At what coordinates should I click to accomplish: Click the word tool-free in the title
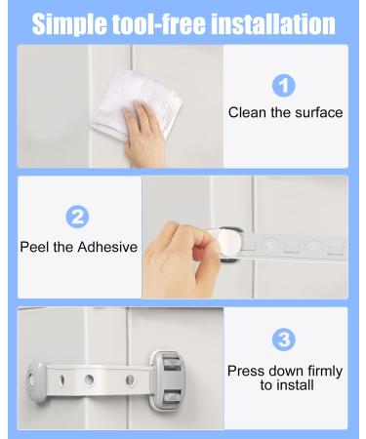[x=161, y=23]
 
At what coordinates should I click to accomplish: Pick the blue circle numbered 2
[x=79, y=217]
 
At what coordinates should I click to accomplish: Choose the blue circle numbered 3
[x=285, y=340]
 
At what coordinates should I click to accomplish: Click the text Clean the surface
[x=285, y=112]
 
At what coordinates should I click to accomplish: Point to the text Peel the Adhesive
[x=79, y=247]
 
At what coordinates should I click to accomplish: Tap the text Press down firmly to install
[x=286, y=378]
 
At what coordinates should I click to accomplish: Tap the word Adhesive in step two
[x=108, y=247]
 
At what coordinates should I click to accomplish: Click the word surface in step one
[x=317, y=112]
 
